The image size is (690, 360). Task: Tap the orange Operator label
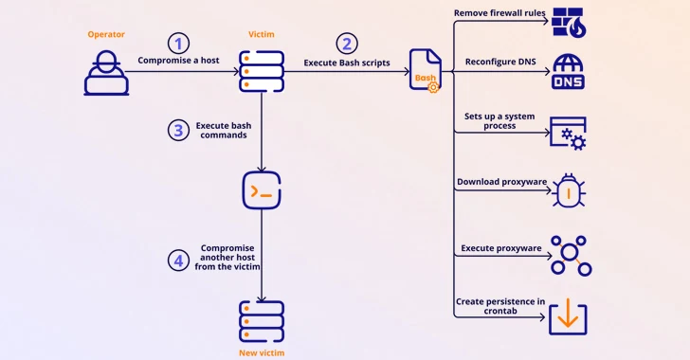(106, 34)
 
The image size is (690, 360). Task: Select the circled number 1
(178, 43)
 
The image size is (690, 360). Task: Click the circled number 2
(348, 43)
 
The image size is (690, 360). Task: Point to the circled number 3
(179, 130)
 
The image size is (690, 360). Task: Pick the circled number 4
(179, 260)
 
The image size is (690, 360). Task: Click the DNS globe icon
(569, 72)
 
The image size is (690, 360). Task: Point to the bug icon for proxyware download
(569, 189)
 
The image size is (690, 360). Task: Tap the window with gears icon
(568, 133)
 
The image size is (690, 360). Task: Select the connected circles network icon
(571, 255)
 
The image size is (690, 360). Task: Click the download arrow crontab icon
(568, 318)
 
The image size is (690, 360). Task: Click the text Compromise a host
(179, 61)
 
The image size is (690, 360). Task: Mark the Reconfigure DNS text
(500, 62)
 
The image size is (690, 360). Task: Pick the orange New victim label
(261, 352)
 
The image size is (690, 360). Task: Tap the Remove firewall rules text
(500, 13)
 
